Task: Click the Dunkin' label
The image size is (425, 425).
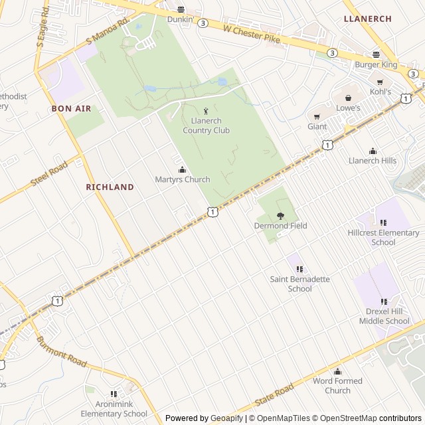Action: tap(180, 19)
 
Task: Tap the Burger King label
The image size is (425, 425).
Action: tap(376, 64)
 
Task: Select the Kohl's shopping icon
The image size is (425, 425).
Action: tap(380, 82)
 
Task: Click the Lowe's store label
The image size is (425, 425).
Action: tap(348, 108)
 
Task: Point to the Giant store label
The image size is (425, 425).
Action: tap(317, 126)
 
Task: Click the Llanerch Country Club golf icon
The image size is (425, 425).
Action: tap(206, 111)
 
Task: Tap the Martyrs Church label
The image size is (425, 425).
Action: tap(183, 179)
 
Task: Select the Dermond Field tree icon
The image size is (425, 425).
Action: tap(280, 216)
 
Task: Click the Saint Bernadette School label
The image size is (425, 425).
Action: tap(300, 284)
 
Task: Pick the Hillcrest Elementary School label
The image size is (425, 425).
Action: tap(384, 237)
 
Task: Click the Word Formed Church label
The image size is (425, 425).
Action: tap(337, 386)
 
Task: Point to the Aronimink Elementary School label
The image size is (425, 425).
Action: tap(114, 409)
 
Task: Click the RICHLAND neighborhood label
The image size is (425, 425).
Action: tap(110, 187)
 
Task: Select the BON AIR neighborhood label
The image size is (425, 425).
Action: tap(71, 108)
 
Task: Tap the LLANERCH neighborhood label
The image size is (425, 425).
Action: tap(368, 19)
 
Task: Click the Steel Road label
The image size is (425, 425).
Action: tap(49, 174)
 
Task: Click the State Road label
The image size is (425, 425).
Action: tap(274, 396)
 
